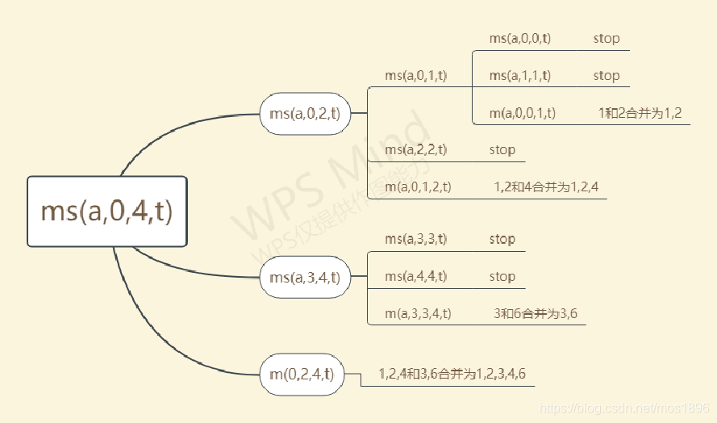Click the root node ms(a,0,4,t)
pos(107,211)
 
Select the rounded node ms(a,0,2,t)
pos(305,113)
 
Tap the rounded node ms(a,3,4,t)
pos(305,277)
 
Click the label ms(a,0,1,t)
pos(416,76)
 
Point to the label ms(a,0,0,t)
pos(520,38)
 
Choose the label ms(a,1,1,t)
pos(520,76)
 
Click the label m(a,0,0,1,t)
pos(523,113)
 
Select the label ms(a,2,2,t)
pos(416,150)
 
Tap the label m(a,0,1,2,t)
pos(418,187)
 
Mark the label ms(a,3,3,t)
pos(416,239)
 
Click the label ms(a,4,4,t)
pos(416,276)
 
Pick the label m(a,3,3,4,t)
pos(418,313)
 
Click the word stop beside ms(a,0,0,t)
pos(607,38)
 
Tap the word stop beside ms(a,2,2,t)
pos(502,150)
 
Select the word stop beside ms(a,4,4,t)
pos(502,276)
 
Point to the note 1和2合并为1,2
pos(640,113)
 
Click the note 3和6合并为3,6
pos(536,313)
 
